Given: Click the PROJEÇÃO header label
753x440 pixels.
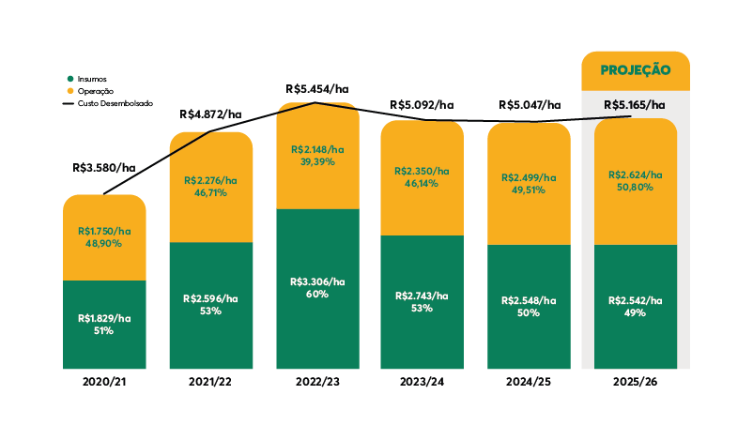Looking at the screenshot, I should [x=636, y=69].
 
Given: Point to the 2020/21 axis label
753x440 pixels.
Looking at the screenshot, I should [x=103, y=385].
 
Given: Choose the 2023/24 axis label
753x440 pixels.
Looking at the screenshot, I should [x=422, y=385].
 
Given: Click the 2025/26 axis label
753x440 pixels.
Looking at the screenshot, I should [x=636, y=385].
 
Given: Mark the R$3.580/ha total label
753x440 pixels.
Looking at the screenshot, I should [x=103, y=168].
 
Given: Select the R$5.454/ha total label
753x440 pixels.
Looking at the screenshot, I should [x=317, y=88].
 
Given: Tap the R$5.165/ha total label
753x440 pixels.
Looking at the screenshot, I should [x=635, y=105].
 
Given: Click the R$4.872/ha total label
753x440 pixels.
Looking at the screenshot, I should [x=210, y=114].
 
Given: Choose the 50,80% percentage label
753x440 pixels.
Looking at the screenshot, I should [x=635, y=188].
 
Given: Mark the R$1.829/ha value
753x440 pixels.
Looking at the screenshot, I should [x=103, y=319].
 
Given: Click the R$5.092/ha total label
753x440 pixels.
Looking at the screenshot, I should [x=422, y=105].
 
